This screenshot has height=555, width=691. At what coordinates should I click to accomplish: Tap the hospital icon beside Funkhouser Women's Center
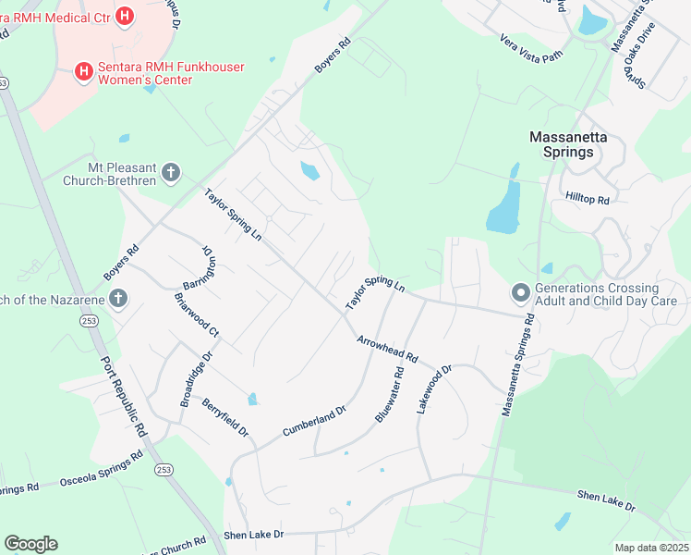83,70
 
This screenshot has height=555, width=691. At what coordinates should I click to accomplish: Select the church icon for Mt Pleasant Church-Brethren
170,172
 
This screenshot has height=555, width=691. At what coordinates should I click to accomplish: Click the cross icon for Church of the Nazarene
117,299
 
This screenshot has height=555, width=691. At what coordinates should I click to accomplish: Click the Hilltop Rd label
587,200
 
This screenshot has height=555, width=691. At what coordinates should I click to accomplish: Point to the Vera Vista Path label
530,47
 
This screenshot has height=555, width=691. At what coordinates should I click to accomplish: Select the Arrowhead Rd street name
388,349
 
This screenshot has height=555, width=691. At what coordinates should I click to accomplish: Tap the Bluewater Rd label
390,395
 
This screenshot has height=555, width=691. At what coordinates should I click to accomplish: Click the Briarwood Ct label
196,314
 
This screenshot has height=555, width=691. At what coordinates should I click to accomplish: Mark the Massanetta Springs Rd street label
518,365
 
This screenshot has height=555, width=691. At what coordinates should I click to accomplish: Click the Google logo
30,544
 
